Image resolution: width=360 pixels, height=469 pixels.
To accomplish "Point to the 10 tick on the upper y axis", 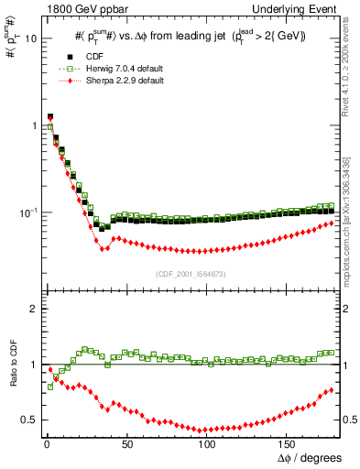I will tap(29, 39).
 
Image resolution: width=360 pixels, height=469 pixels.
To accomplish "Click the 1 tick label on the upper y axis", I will tap(33, 125).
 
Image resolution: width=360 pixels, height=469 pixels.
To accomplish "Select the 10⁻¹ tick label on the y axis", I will tap(27, 212).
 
